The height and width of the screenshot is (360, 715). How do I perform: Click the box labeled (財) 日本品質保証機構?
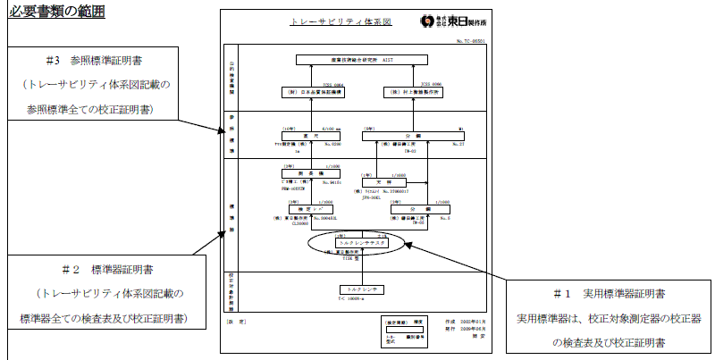point(306,92)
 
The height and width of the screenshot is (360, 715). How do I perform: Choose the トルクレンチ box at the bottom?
point(361,289)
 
